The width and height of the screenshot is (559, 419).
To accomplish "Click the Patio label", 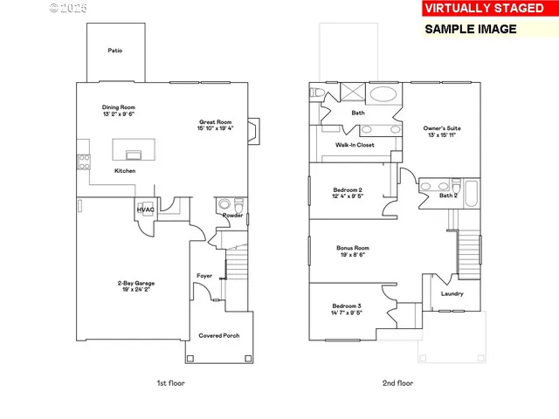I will (114, 51).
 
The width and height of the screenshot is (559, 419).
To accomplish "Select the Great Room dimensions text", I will (215, 129).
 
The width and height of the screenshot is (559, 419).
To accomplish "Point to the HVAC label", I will (145, 209).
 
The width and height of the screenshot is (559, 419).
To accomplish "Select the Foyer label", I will (204, 276).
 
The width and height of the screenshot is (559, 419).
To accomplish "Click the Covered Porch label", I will (218, 335).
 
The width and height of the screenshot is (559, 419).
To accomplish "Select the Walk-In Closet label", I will (355, 145).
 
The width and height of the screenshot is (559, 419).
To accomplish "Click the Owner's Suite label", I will (442, 128).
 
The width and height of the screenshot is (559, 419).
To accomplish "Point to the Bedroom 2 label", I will (347, 189).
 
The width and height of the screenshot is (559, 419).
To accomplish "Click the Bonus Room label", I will (353, 248).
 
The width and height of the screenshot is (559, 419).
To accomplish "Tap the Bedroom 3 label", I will (346, 306).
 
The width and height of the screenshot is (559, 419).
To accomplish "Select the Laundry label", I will (452, 293).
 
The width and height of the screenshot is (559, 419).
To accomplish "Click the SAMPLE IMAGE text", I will (471, 29).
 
